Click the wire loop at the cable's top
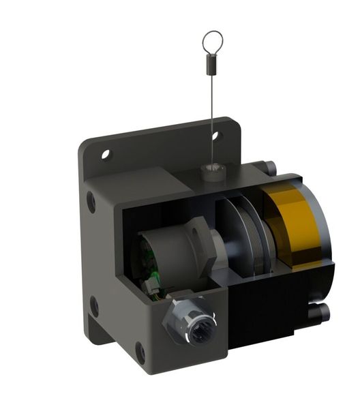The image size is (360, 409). point(212,42)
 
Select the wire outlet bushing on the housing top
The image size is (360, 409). point(214,170)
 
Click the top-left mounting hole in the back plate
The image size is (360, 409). point(106,154)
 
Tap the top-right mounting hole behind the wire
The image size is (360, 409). point(217,136)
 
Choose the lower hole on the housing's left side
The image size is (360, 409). point(94,306)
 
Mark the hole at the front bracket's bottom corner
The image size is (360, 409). point(140,352)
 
